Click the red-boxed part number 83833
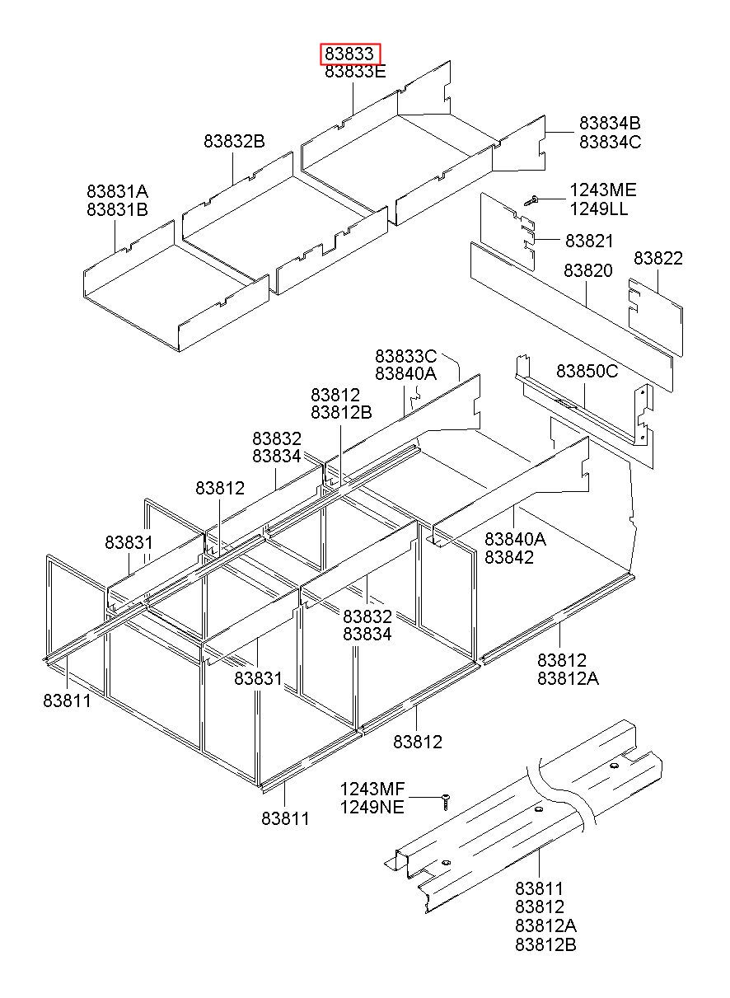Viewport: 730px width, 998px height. click(x=349, y=54)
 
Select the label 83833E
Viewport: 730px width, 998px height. click(x=355, y=71)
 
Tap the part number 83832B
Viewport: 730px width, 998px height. click(x=234, y=141)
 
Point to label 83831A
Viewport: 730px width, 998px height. click(x=117, y=191)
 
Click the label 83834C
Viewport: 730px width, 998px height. click(x=611, y=142)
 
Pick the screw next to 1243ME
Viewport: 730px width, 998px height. click(x=531, y=200)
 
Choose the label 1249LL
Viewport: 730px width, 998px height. click(x=599, y=209)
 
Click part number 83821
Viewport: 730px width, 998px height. click(x=589, y=241)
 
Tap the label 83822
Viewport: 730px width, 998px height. click(x=657, y=259)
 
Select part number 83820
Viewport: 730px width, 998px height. click(x=588, y=270)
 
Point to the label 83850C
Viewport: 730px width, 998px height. click(x=587, y=371)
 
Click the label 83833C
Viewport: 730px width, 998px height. click(x=405, y=356)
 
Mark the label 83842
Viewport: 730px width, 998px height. click(x=509, y=557)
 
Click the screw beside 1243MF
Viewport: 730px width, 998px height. click(x=446, y=802)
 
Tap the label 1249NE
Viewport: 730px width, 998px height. click(x=372, y=807)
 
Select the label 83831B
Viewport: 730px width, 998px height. click(x=117, y=209)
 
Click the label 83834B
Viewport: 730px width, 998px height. click(x=610, y=124)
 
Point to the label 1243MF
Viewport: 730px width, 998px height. click(x=372, y=789)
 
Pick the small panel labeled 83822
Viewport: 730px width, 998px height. click(x=655, y=317)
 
